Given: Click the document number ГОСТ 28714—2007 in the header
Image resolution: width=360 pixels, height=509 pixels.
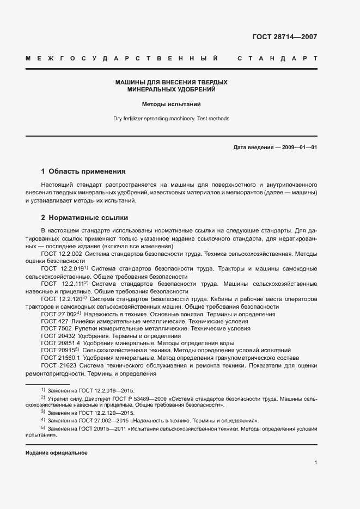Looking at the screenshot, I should point(285,37).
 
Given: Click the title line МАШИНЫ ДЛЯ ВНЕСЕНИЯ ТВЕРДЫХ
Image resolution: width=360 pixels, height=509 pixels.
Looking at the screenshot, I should point(171,82).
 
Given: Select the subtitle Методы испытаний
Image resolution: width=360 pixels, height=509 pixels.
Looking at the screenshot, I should point(171,103).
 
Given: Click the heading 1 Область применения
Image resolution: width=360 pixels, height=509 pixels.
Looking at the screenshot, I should point(83,170).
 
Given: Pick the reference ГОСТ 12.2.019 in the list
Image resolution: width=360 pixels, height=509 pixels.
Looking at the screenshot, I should point(62,269).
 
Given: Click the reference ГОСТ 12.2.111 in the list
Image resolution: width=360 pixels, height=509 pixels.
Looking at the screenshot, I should point(62,284).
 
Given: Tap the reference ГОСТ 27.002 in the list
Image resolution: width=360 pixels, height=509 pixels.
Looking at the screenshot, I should point(59,315).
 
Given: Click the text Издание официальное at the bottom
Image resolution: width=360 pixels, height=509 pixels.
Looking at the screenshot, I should point(56,453).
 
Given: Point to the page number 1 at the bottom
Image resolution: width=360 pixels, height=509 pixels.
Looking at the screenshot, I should point(315,463).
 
